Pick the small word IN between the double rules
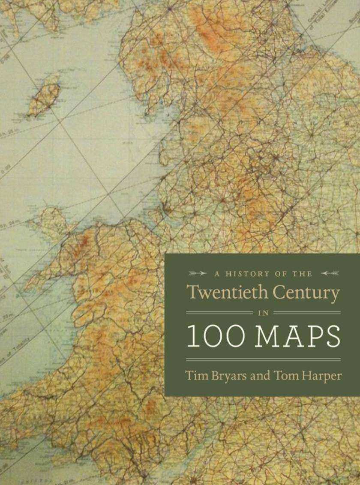[263, 313]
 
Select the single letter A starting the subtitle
[210, 273]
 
